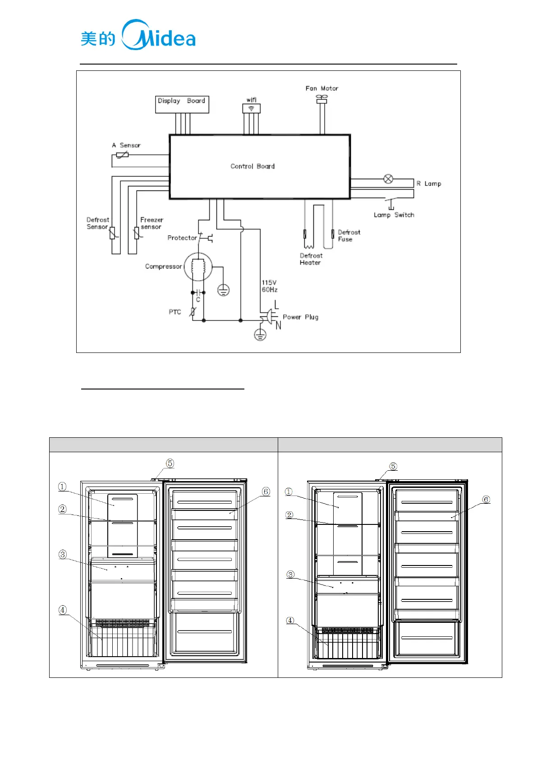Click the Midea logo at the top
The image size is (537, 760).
pos(138,36)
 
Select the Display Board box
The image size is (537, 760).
pos(182,104)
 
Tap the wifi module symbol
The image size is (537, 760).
pos(251,108)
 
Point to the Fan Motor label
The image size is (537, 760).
pos(321,88)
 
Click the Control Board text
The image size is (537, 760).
pos(252,166)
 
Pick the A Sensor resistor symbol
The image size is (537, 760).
pos(122,155)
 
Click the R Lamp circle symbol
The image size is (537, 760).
pos(388,179)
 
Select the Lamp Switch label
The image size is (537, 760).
pos(394,215)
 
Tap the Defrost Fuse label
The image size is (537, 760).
pos(349,236)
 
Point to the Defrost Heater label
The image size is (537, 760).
pos(311,259)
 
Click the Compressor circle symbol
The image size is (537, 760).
pos(198,267)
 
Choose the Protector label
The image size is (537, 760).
pos(182,238)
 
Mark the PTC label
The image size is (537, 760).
pos(175,312)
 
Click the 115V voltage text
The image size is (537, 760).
pos(269,283)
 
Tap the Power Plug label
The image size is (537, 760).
pos(300,317)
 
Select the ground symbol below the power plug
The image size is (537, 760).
pos(260,335)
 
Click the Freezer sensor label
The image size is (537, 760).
pos(151,223)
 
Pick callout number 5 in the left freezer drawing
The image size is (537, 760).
pos(170,463)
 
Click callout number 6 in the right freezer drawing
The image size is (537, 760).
pos(486,499)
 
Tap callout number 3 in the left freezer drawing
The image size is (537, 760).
pos(63,554)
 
